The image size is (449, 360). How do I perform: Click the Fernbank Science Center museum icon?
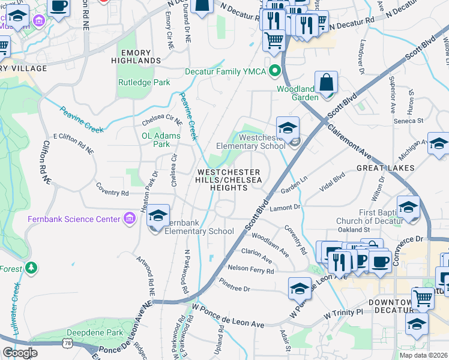point(129,219)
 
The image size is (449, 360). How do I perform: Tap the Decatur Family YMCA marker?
point(276,71)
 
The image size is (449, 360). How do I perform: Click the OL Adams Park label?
point(160,140)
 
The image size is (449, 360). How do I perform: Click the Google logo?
point(20,352)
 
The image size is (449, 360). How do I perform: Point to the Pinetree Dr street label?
point(234,289)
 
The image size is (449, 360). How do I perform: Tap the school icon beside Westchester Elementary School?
point(288,128)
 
